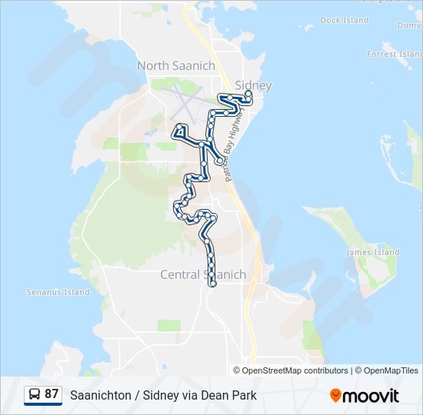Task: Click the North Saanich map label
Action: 176,66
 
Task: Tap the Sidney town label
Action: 253,85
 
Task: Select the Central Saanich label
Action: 203,274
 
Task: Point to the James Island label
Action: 373,252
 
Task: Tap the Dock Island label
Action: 345,21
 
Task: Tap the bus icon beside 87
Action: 35,394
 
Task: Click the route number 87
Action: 52,394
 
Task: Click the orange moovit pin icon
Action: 336,395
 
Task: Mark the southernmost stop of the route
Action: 212,284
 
